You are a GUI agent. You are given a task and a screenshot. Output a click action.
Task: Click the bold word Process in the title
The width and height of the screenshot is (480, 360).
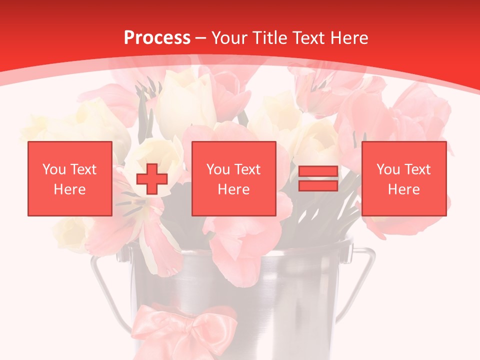click(157, 38)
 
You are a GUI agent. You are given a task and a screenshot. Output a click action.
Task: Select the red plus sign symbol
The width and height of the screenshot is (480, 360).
click(152, 179)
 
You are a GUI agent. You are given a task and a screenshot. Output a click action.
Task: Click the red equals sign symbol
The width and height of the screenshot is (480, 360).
click(318, 179)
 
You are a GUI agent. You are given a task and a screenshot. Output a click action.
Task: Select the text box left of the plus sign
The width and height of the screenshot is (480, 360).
click(69, 178)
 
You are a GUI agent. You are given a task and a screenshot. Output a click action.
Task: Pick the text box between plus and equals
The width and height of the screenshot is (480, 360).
click(233, 178)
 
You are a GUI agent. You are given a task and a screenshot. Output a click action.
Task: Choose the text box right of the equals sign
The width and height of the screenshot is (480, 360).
click(403, 178)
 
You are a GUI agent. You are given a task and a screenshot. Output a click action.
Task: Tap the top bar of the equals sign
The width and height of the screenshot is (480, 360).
click(318, 171)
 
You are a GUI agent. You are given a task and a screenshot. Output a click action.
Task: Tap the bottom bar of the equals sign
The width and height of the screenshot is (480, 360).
click(318, 186)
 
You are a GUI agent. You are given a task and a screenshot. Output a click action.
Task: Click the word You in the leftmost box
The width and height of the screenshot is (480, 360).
click(54, 169)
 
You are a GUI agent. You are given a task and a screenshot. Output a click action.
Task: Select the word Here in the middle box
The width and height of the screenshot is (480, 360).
click(233, 189)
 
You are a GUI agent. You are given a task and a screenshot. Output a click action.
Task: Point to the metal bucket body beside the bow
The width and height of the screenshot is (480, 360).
click(280, 310)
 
